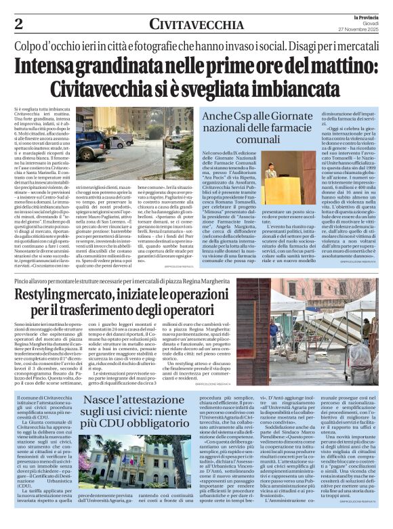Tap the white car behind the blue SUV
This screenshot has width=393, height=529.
(120, 140)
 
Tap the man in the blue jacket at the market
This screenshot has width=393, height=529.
(274, 333)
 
